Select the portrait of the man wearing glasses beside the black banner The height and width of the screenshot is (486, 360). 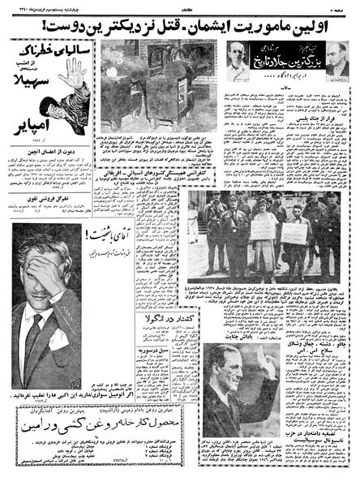tap(239, 62)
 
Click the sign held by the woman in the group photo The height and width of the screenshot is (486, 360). tap(264, 230)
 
